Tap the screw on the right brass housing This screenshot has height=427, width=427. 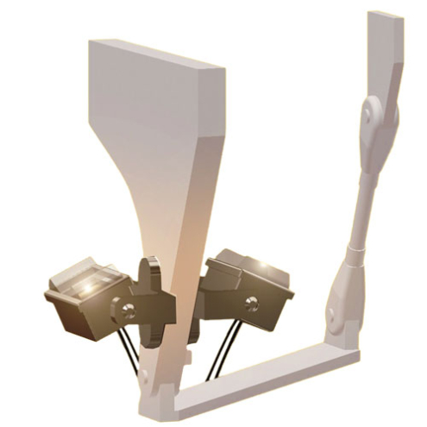(x=251, y=303)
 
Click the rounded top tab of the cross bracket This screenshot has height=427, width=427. (x=150, y=266)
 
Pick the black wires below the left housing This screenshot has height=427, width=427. (x=129, y=345)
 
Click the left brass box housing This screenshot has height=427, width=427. (x=82, y=302)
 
